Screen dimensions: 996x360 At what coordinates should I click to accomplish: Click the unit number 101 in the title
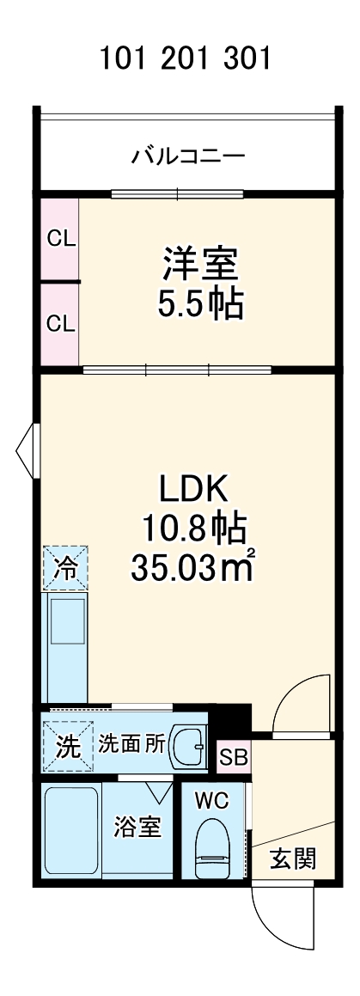[124, 60]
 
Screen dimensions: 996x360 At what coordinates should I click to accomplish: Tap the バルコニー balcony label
[188, 157]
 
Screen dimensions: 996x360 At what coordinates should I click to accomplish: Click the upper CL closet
[60, 239]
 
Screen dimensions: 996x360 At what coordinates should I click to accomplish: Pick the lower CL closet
[60, 324]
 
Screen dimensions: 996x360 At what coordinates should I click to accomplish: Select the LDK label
[191, 489]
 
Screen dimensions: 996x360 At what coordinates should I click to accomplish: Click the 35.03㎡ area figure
[191, 566]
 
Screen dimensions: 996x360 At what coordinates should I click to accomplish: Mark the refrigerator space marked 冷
[66, 568]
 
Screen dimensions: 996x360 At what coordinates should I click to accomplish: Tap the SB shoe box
[233, 757]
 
